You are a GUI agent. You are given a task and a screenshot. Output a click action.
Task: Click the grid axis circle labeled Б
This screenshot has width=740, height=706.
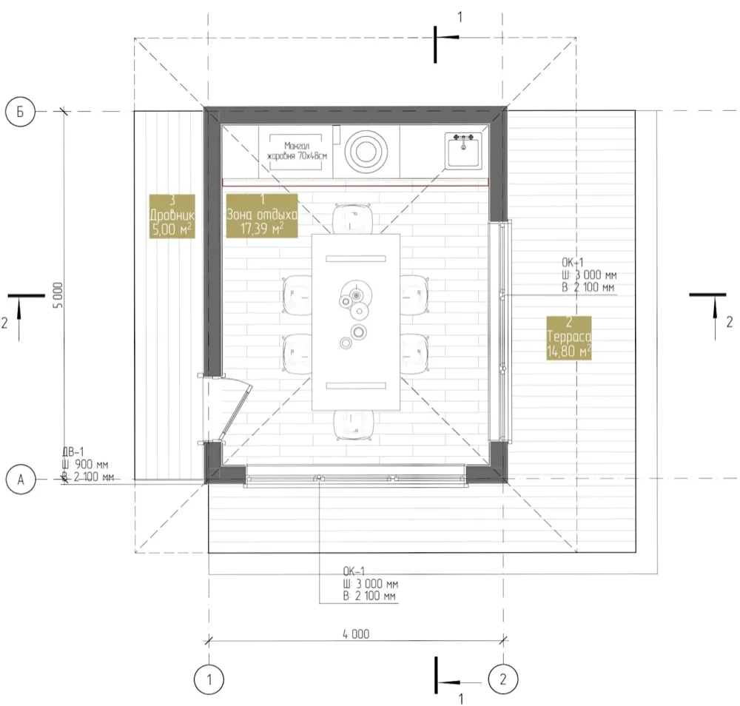point(20,111)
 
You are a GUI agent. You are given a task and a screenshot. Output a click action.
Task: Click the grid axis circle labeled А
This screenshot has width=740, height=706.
point(21,480)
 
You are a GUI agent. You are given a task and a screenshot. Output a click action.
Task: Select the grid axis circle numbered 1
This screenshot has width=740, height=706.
point(209,679)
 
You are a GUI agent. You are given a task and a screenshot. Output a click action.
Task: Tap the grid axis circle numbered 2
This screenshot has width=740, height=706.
point(503,679)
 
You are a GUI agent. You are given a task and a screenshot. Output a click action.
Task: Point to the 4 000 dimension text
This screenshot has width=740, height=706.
point(356,633)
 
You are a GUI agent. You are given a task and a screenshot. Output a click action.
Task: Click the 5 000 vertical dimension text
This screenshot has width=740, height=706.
point(58,295)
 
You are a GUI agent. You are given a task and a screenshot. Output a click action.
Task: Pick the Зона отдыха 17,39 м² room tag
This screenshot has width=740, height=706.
point(262,215)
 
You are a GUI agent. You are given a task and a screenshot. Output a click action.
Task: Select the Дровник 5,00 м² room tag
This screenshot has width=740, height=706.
point(172,216)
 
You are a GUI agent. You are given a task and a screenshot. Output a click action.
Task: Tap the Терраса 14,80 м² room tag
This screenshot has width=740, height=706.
point(568,338)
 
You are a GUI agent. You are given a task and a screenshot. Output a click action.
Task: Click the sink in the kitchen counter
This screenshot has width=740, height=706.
point(463,150)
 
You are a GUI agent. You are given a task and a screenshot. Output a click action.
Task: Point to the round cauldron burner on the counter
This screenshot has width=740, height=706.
point(366,152)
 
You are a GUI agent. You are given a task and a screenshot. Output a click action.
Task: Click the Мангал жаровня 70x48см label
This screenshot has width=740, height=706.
point(297,151)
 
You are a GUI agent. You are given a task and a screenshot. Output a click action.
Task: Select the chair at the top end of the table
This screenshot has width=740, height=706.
point(352,218)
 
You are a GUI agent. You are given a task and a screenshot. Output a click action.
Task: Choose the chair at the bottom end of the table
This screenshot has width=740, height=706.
point(354,425)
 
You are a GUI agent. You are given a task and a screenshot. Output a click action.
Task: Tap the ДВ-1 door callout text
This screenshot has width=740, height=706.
point(88,465)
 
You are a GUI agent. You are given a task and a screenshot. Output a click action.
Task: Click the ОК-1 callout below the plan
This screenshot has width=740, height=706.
point(370,584)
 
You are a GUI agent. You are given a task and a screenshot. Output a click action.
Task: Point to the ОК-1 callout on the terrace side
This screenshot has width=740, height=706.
point(589,275)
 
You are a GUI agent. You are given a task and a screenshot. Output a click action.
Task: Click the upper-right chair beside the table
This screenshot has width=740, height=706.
point(414,295)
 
